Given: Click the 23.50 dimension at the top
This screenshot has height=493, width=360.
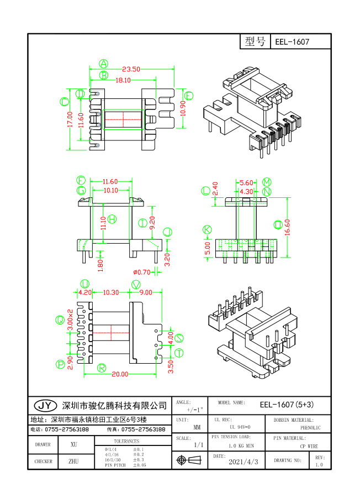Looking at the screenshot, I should (x=131, y=69).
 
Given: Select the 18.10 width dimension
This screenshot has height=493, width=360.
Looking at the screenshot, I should (x=123, y=80).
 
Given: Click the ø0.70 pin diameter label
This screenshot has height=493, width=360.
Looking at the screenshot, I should (x=142, y=271).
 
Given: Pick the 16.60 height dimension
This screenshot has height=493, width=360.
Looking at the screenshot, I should (x=288, y=226).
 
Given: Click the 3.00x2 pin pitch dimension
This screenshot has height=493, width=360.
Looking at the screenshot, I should (x=70, y=320).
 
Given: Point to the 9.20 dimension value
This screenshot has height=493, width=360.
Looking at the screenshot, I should (x=152, y=223).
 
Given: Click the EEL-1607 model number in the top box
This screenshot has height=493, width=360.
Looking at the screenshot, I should (x=292, y=42).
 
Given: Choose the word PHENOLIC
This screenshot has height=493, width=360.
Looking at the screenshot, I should (x=311, y=427).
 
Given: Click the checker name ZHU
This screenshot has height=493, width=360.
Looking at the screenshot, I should (x=73, y=461).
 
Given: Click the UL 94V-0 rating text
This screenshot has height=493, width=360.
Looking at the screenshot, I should (x=240, y=427).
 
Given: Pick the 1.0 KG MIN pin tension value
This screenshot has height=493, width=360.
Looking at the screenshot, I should (x=241, y=445).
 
